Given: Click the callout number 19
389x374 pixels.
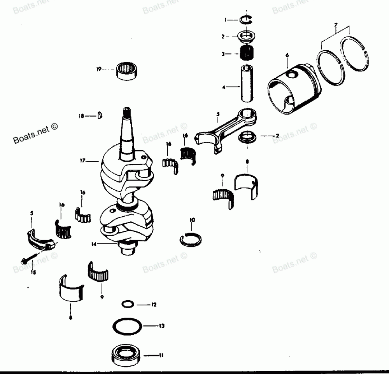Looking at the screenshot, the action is pyautogui.click(x=99, y=69).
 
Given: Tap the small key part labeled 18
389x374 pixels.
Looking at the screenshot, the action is pyautogui.click(x=100, y=115).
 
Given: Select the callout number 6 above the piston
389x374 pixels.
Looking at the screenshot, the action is pyautogui.click(x=287, y=56).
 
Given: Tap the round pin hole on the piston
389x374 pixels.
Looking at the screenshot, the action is pyautogui.click(x=290, y=74).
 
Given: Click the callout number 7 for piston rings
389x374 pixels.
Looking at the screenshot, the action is pyautogui.click(x=336, y=25).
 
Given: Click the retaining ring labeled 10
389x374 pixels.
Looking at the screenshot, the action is pyautogui.click(x=191, y=239).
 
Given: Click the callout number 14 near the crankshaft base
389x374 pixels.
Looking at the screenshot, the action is pyautogui.click(x=94, y=244).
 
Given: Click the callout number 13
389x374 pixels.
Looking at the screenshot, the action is pyautogui.click(x=162, y=325).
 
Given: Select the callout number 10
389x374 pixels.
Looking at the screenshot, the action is pyautogui.click(x=192, y=220).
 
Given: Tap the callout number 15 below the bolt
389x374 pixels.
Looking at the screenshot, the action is pyautogui.click(x=33, y=273).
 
